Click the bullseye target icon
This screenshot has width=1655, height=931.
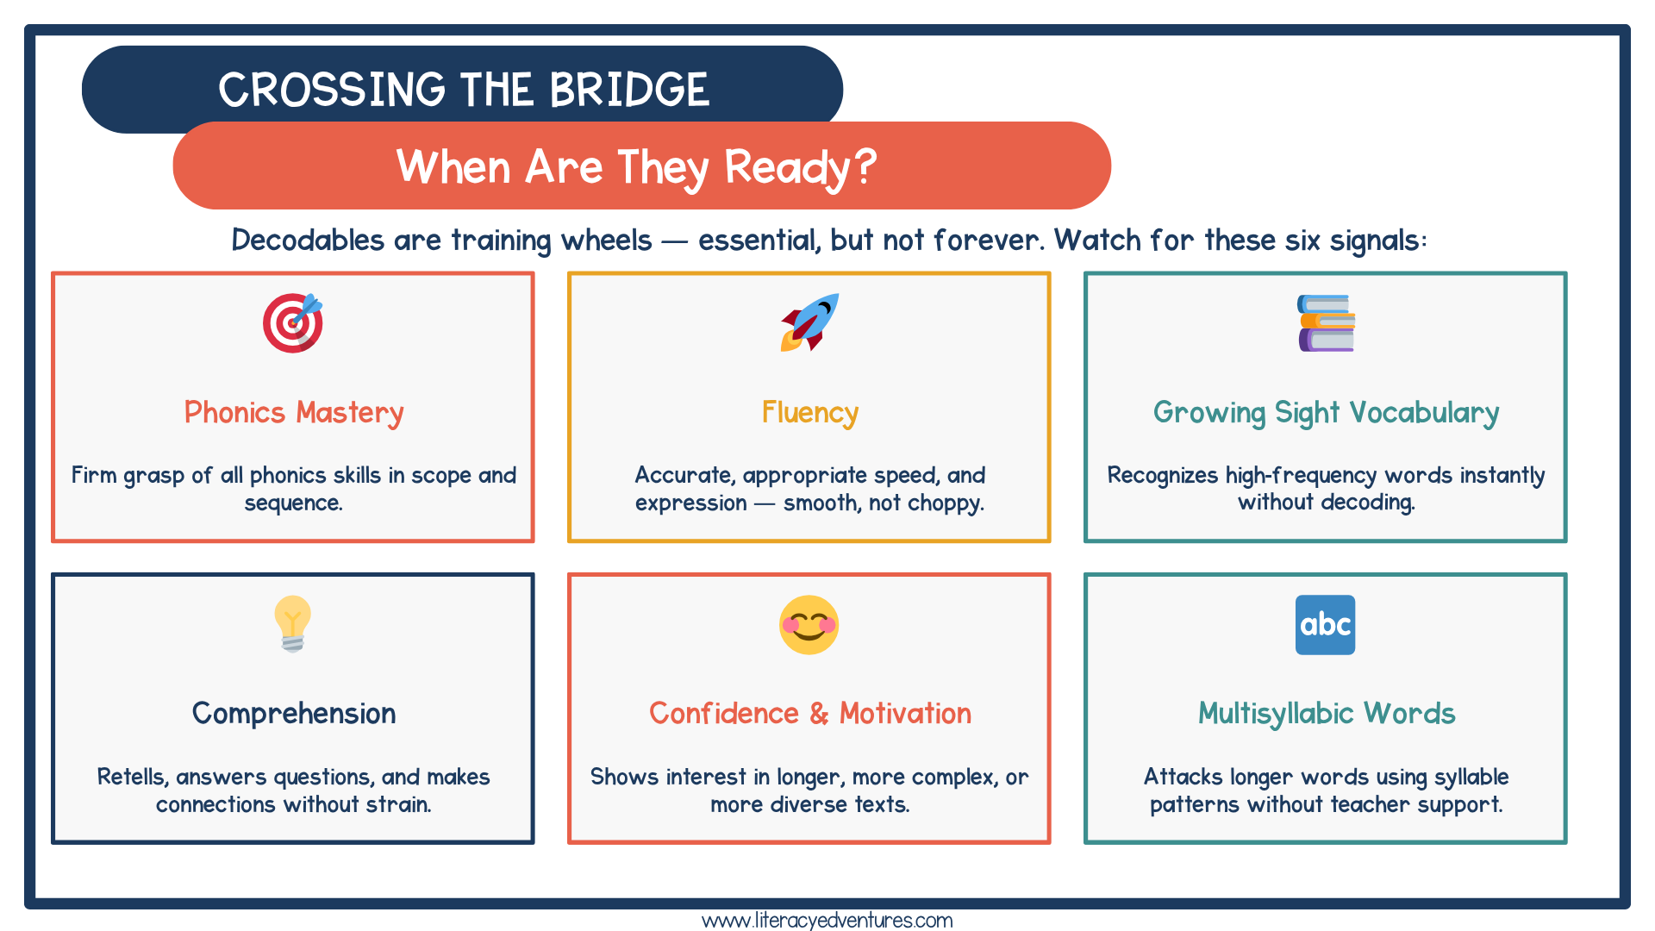[x=293, y=323]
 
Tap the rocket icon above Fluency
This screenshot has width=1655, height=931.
[x=809, y=323]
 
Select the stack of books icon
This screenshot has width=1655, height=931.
[x=1326, y=323]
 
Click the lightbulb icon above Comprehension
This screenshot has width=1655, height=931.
[x=293, y=623]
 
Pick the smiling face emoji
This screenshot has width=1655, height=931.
[x=809, y=625]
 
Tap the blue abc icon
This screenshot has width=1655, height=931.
[x=1325, y=625]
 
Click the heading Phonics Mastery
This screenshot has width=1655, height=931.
[x=294, y=413]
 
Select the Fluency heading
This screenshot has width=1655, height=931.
[x=809, y=413]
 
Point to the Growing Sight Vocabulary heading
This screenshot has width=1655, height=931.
[x=1326, y=413]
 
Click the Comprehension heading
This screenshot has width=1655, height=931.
[x=294, y=714]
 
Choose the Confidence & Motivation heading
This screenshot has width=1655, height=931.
[x=809, y=714]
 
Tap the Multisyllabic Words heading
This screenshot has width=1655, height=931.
[x=1326, y=714]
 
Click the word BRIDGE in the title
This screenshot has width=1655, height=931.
[x=629, y=90]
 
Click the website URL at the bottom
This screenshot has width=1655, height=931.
[x=827, y=920]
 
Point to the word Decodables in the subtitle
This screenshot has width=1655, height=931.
[x=307, y=240]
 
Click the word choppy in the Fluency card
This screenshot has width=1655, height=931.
[x=946, y=503]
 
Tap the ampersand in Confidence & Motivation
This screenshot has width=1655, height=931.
[x=819, y=714]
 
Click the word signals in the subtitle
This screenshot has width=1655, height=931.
[x=1376, y=240]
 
